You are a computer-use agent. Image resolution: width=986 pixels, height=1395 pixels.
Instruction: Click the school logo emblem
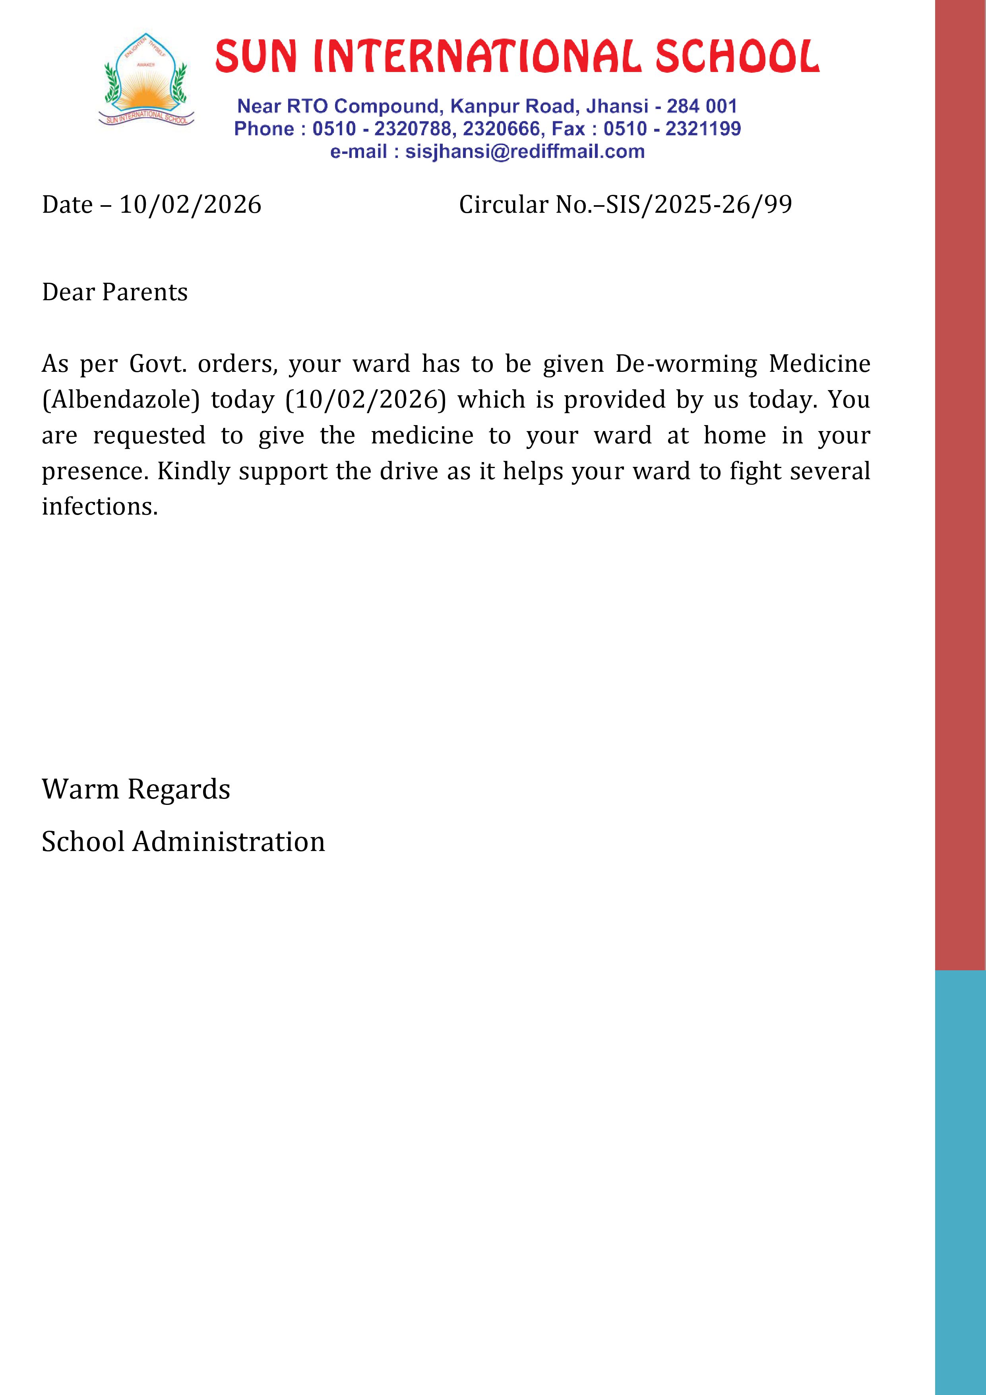146,80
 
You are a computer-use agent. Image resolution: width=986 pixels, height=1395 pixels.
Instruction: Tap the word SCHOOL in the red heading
737,56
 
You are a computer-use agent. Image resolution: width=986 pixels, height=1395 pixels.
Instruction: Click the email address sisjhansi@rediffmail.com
525,151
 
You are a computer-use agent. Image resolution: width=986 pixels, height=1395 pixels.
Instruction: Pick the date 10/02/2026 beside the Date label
190,205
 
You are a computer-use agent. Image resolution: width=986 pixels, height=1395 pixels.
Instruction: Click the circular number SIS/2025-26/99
699,205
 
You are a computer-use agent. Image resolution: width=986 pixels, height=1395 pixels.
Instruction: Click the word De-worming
686,364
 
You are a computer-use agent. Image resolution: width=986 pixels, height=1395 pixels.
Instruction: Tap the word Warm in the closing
80,789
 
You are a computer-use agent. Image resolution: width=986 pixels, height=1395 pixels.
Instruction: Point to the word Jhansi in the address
617,106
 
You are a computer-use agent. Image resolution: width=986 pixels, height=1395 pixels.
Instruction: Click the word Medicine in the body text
819,364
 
